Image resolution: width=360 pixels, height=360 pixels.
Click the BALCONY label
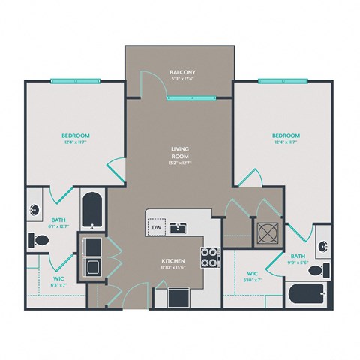pyautogui.click(x=181, y=73)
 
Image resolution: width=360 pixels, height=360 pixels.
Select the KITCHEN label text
pyautogui.click(x=173, y=262)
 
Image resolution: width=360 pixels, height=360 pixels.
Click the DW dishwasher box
pyautogui.click(x=157, y=227)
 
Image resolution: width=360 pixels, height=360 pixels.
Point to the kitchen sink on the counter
pyautogui.click(x=178, y=227)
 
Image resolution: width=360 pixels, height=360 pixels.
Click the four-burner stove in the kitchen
pyautogui.click(x=209, y=257)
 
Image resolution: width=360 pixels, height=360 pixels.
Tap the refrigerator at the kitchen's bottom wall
pyautogui.click(x=178, y=296)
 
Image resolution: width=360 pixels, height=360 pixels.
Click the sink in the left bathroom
pyautogui.click(x=36, y=212)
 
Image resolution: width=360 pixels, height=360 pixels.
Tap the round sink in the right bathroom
pyautogui.click(x=322, y=245)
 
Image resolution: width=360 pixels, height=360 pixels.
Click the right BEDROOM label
pyautogui.click(x=286, y=135)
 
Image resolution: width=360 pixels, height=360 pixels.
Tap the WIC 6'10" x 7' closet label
pyautogui.click(x=253, y=277)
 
